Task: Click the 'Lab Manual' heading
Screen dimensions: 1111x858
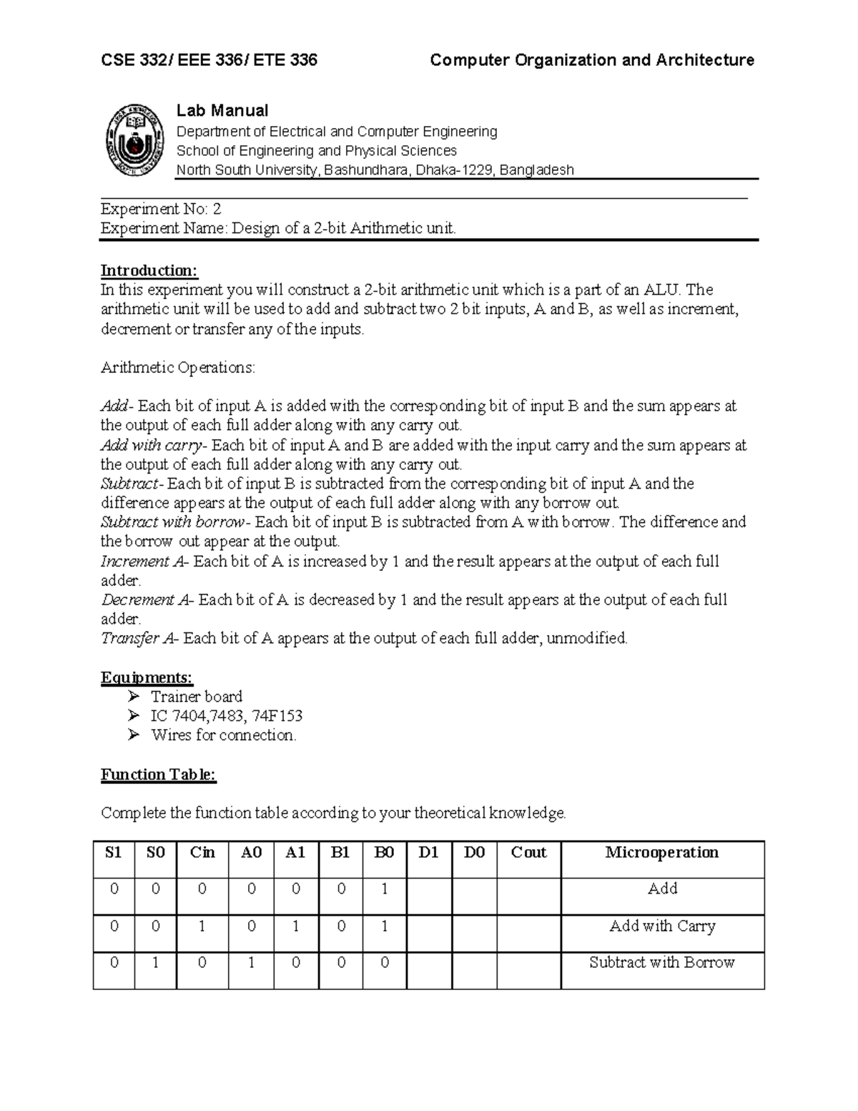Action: [x=222, y=110]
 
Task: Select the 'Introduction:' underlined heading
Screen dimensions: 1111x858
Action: [x=149, y=270]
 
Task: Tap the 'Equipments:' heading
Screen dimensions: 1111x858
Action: [x=147, y=677]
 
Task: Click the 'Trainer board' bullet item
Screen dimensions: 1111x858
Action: [x=196, y=697]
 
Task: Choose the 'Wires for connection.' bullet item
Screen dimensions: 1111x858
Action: [x=223, y=735]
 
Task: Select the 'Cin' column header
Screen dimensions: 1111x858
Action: [x=202, y=853]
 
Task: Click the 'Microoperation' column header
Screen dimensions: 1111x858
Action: [x=662, y=853]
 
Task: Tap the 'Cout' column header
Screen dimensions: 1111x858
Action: [x=528, y=853]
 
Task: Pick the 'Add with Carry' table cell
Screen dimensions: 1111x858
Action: [x=662, y=926]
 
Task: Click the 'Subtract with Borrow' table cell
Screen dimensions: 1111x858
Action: [x=662, y=963]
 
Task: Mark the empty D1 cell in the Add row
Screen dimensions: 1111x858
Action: [x=429, y=896]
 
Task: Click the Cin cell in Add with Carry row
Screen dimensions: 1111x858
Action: [x=202, y=926]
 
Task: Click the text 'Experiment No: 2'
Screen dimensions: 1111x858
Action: [x=161, y=209]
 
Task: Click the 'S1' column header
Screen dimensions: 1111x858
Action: [x=114, y=853]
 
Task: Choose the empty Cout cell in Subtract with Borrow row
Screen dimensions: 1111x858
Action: [x=528, y=970]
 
